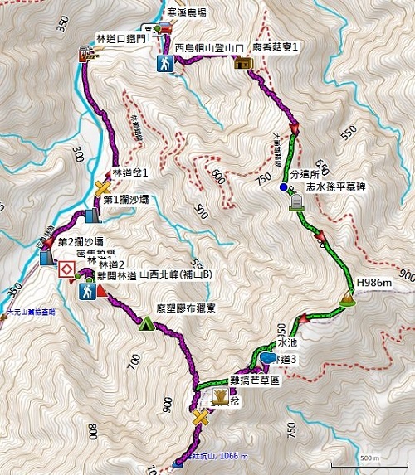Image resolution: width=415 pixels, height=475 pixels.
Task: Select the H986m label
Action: click(373, 284)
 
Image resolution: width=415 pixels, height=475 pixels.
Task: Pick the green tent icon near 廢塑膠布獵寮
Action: click(147, 323)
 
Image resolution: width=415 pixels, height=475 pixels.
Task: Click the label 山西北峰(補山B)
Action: click(177, 274)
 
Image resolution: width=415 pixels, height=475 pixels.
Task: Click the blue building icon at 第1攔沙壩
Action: click(90, 217)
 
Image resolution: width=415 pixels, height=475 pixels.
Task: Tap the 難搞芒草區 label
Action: click(254, 379)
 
